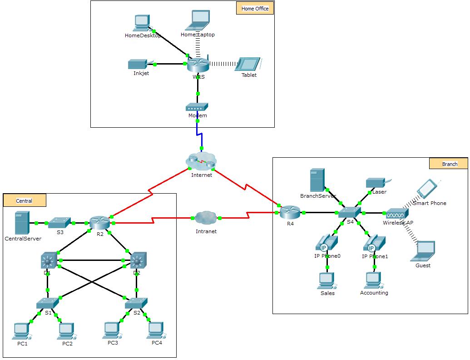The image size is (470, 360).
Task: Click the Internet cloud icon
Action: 202,161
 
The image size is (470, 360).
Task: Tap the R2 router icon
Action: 100,223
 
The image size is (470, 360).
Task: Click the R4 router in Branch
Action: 290,212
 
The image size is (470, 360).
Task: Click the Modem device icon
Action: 197,107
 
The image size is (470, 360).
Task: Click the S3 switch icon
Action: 59,222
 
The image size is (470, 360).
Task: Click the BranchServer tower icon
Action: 317,180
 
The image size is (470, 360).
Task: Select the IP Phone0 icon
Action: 326,243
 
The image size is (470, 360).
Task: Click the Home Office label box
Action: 255,9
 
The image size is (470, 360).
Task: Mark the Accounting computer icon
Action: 373,280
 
